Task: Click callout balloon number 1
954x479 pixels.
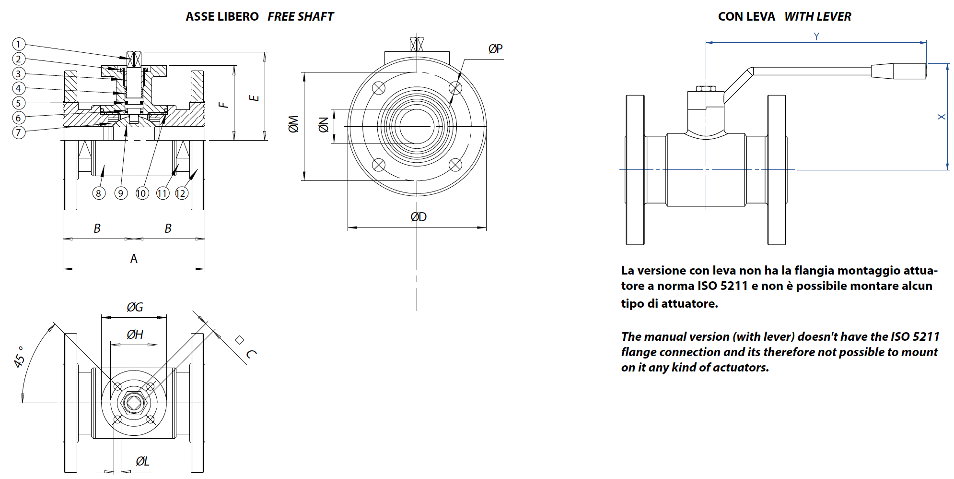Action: click(18, 44)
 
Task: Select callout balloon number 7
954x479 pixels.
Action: click(18, 132)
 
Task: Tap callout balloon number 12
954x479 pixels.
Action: click(181, 193)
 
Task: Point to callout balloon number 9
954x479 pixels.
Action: click(121, 193)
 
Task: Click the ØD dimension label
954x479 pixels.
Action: click(419, 217)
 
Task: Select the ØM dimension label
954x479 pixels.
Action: click(293, 124)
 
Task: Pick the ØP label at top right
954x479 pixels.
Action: click(495, 49)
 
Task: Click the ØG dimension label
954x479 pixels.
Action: click(135, 307)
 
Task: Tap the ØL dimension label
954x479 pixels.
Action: click(142, 461)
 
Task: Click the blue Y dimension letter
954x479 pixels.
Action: click(816, 36)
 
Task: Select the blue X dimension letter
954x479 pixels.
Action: click(942, 117)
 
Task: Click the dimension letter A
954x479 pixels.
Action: click(134, 259)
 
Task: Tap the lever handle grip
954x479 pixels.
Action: click(898, 71)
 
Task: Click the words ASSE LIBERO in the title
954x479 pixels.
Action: click(222, 17)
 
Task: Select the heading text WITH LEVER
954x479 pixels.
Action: click(817, 17)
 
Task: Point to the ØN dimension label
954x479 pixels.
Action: click(324, 125)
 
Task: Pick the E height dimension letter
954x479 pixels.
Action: click(254, 98)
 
